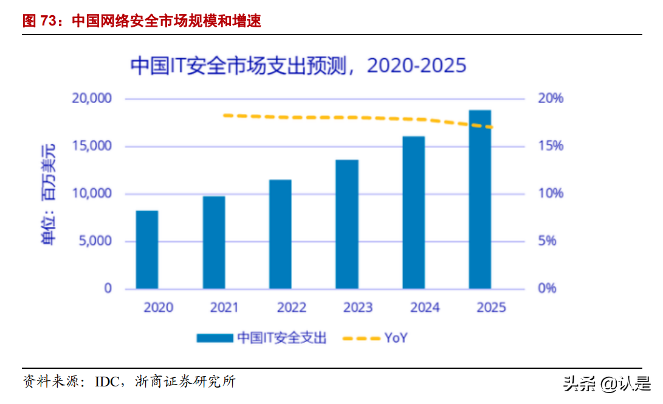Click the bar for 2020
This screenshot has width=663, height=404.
click(147, 249)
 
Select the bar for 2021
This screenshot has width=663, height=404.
click(214, 242)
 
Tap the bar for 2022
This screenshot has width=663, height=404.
click(280, 234)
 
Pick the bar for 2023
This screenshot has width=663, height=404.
click(347, 224)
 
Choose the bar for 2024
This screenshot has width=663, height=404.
click(414, 212)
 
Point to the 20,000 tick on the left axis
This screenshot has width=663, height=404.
click(92, 98)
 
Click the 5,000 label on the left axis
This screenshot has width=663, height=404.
click(95, 241)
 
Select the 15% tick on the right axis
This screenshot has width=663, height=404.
click(551, 146)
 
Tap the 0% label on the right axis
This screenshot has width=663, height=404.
click(547, 288)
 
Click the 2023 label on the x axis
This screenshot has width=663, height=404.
click(358, 308)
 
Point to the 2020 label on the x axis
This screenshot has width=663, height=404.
click(158, 308)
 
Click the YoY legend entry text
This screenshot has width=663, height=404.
click(396, 338)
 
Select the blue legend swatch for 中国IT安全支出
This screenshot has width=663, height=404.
click(215, 338)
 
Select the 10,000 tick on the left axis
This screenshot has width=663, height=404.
click(92, 194)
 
